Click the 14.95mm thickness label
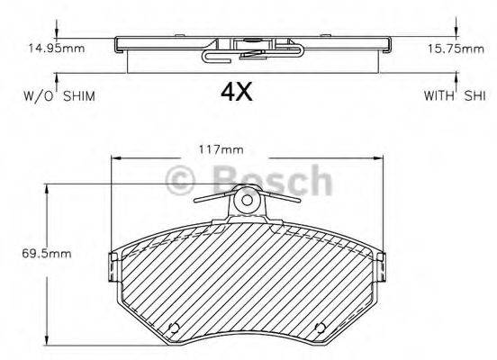(x=56, y=49)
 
